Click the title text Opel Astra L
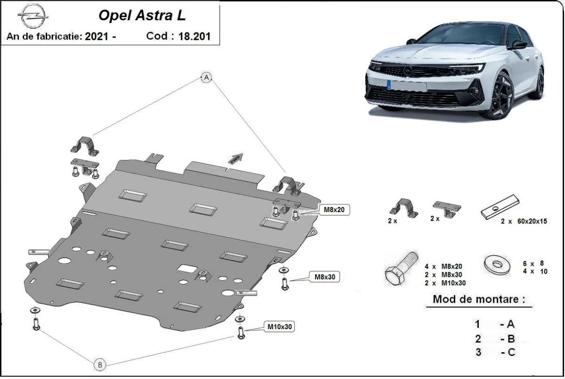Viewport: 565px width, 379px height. pyautogui.click(x=142, y=16)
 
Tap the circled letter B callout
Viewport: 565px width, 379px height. pyautogui.click(x=99, y=363)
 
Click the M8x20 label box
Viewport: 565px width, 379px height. pyautogui.click(x=335, y=210)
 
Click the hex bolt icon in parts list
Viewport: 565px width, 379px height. pyautogui.click(x=400, y=268)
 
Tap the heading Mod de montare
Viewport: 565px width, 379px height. pyautogui.click(x=478, y=299)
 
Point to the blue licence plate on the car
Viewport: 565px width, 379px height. pyautogui.click(x=390, y=85)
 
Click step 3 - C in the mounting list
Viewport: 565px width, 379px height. pyautogui.click(x=494, y=353)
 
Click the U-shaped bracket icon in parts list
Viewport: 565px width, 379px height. pyautogui.click(x=403, y=208)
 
